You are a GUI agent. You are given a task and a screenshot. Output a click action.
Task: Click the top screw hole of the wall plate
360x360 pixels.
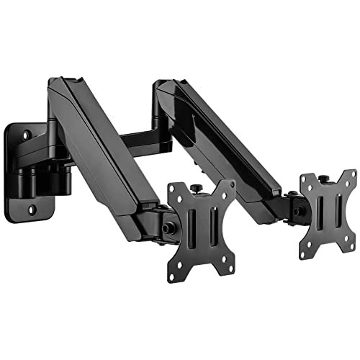pyautogui.click(x=27, y=135)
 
